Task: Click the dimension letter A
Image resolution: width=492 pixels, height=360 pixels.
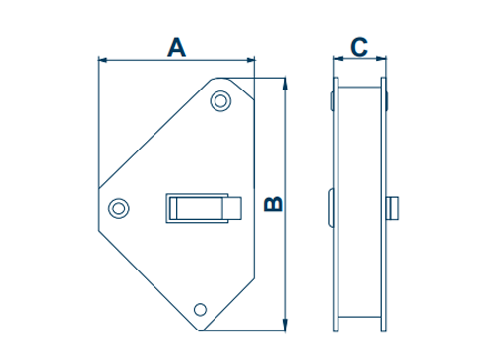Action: pyautogui.click(x=176, y=48)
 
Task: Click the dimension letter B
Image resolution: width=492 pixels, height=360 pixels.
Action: pyautogui.click(x=274, y=204)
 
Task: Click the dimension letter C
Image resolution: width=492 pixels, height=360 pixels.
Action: pyautogui.click(x=359, y=48)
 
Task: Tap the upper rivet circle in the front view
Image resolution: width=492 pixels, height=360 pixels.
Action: pyautogui.click(x=220, y=101)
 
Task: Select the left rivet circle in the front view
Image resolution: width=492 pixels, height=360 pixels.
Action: pyautogui.click(x=119, y=209)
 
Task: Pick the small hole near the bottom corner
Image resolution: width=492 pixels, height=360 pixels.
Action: pyautogui.click(x=200, y=309)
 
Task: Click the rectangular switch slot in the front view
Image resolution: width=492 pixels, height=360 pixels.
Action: pyautogui.click(x=197, y=209)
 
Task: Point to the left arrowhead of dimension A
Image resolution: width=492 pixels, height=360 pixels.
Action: pyautogui.click(x=103, y=60)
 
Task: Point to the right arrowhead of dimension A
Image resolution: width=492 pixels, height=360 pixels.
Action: pyautogui.click(x=250, y=60)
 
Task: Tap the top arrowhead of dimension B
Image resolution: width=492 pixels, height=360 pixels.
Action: pyautogui.click(x=285, y=84)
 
